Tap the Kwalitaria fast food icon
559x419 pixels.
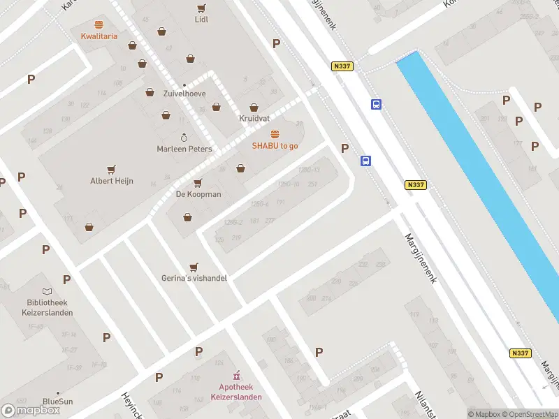coord(99,24)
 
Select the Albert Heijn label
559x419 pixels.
coord(111,181)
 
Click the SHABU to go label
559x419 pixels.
coord(275,145)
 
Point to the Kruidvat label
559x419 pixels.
coord(254,118)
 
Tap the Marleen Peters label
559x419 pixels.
coord(184,149)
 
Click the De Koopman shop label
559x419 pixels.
coord(198,194)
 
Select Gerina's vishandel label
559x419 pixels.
coord(194,278)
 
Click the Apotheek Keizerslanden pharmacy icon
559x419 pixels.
coord(236,375)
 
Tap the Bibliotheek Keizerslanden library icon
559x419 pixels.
coord(47,291)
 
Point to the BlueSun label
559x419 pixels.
coord(57,402)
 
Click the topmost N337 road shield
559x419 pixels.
coord(342,66)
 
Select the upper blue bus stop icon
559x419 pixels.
coord(376,105)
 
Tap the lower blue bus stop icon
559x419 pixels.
coord(365,161)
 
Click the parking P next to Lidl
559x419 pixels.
coord(276,43)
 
